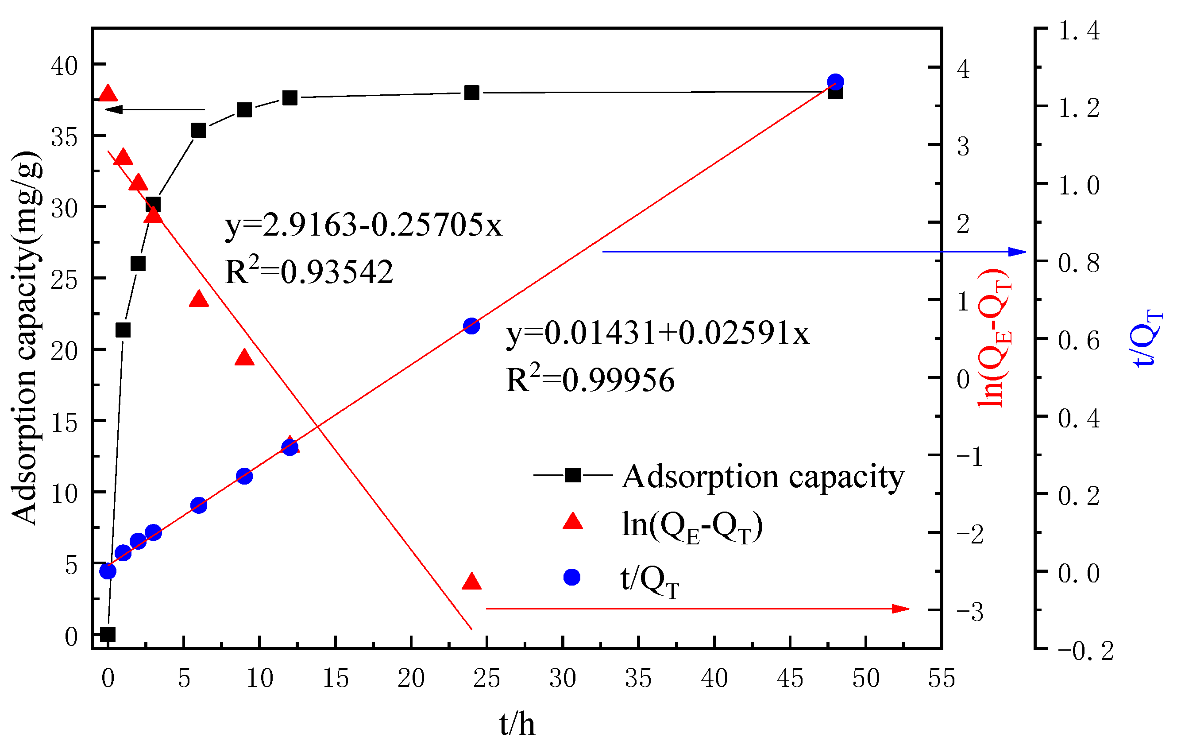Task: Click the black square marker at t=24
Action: click(x=471, y=92)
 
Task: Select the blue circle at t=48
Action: click(x=835, y=81)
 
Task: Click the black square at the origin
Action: click(x=108, y=634)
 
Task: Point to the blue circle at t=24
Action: click(x=471, y=326)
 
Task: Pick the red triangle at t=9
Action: click(x=244, y=358)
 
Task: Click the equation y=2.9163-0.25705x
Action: click(x=363, y=225)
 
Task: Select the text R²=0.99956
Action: click(x=590, y=380)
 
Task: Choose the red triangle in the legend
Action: click(x=572, y=521)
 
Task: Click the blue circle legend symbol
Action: click(x=572, y=577)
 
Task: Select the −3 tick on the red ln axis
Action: click(x=969, y=612)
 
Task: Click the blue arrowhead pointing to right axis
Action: click(x=1017, y=252)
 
